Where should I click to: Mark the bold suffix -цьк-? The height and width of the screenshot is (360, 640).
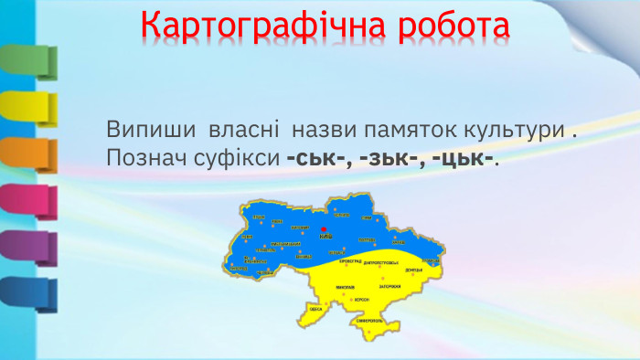(464, 158)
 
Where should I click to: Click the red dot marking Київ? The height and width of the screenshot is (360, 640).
(324, 230)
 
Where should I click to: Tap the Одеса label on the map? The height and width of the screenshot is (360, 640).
(316, 310)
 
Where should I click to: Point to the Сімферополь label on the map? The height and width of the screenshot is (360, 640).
(373, 322)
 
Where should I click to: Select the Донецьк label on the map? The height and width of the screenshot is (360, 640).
(412, 270)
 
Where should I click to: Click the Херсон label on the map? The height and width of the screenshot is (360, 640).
(363, 299)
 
